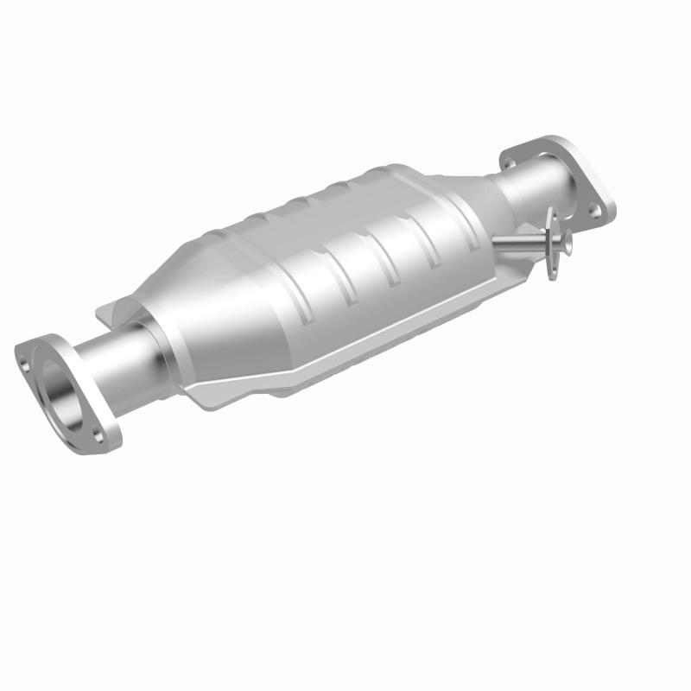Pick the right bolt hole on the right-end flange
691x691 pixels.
[x=594, y=209]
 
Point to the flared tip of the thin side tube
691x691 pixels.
[x=566, y=245]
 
